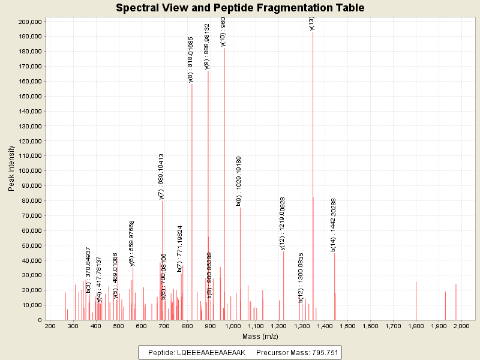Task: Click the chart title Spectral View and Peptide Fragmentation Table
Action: (x=240, y=8)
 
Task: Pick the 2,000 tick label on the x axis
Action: (x=461, y=326)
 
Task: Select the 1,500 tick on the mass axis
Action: (x=347, y=326)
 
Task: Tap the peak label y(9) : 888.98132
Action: (x=207, y=47)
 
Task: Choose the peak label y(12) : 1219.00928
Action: (x=283, y=223)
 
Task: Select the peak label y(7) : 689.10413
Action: (x=161, y=176)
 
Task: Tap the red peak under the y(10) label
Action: (x=224, y=180)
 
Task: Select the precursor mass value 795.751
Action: (x=321, y=353)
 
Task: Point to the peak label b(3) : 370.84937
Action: (x=88, y=270)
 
